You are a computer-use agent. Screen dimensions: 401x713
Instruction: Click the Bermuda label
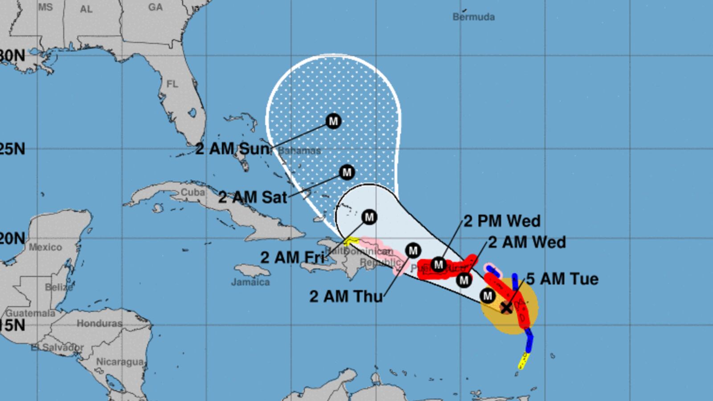click(473, 17)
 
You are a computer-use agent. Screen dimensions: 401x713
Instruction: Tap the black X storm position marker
click(506, 307)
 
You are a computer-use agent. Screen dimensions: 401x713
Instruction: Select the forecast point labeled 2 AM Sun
click(333, 121)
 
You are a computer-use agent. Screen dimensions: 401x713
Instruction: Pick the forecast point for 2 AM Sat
click(347, 172)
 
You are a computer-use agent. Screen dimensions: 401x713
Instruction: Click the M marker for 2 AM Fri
click(369, 217)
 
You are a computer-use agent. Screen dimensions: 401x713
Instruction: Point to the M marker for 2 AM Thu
click(413, 250)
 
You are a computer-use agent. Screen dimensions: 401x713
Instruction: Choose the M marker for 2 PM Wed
click(438, 265)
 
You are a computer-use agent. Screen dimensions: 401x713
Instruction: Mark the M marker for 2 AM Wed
click(464, 280)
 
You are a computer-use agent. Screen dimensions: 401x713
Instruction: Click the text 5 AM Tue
click(562, 279)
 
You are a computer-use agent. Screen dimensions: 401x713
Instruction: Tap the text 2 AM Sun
click(233, 149)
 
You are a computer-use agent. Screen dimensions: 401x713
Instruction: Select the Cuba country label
click(193, 192)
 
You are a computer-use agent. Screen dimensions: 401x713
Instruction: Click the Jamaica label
click(250, 282)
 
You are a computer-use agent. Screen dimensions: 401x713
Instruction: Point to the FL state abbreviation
click(172, 84)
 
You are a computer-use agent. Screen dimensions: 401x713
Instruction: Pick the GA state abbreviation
click(155, 7)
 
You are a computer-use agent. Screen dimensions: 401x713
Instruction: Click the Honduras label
click(99, 323)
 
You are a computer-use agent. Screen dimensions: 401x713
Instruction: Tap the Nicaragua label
click(120, 361)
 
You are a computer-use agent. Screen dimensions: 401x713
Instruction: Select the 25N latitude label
click(12, 149)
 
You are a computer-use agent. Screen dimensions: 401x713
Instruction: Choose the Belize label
click(59, 287)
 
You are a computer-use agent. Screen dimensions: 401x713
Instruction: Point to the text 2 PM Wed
click(502, 221)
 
